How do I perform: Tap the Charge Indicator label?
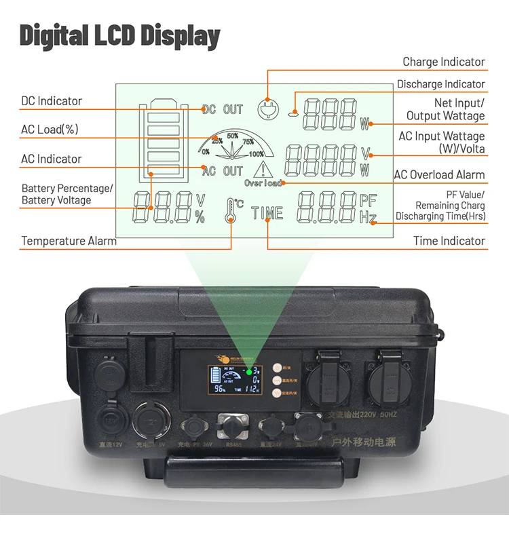coord(443,62)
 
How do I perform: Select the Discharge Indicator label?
coord(440,84)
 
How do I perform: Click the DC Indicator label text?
coord(51,101)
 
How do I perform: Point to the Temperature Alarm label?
coord(69,241)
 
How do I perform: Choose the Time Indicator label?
coord(449,241)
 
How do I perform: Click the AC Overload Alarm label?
coord(439,175)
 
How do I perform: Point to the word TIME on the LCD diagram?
coord(267,213)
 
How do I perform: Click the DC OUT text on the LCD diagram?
coord(223,109)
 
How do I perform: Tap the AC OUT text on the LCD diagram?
coord(223,171)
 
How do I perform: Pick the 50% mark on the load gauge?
coord(232,136)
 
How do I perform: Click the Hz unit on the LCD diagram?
coord(367,217)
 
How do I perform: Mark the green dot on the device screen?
coord(249,372)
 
